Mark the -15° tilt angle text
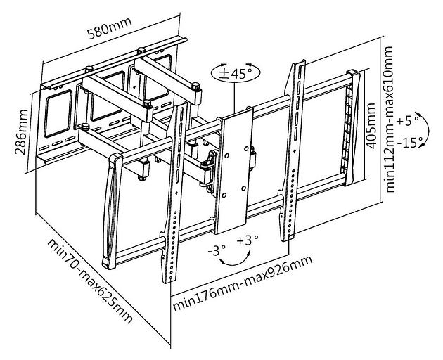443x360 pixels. [410, 142]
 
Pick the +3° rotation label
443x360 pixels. [248, 241]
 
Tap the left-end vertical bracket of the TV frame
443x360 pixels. [110, 211]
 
